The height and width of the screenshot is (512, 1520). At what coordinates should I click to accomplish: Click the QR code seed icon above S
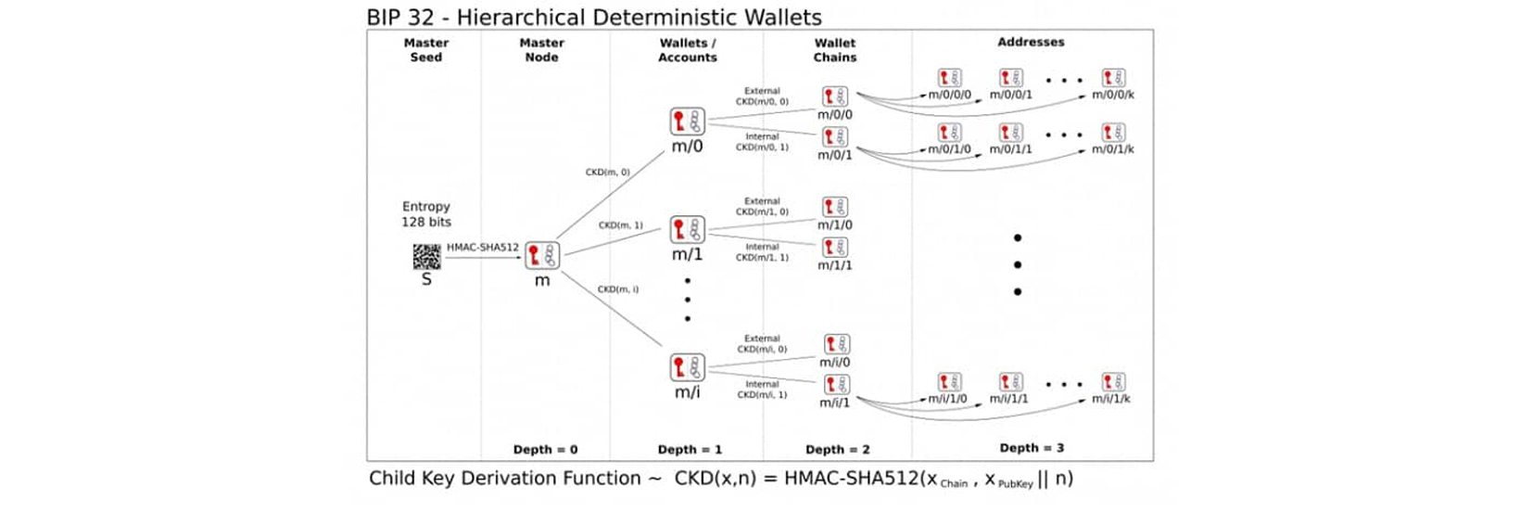tap(426, 256)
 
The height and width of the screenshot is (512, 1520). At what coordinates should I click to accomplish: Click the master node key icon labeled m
tap(542, 255)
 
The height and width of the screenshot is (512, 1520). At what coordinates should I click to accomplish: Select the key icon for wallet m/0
tap(687, 122)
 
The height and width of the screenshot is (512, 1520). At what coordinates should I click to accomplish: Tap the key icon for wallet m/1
tap(687, 229)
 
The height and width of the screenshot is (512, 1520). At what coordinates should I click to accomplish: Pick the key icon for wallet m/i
tap(687, 367)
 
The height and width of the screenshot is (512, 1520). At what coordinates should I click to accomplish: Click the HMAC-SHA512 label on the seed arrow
tap(483, 248)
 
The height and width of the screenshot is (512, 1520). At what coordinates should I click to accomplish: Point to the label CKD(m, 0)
tap(608, 173)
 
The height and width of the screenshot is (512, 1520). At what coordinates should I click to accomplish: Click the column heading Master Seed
tap(426, 50)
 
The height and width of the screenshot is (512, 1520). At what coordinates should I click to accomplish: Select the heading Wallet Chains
tap(835, 50)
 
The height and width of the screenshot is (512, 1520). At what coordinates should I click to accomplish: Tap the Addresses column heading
tap(1031, 43)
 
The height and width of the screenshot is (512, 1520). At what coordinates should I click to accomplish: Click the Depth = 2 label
tap(838, 450)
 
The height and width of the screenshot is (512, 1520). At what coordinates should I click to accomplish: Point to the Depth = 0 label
tap(545, 450)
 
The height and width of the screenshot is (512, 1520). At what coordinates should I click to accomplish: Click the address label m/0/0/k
tap(1112, 95)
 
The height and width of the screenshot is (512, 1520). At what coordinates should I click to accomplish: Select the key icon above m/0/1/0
tap(949, 133)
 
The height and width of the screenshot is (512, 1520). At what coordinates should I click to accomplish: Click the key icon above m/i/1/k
tap(1113, 382)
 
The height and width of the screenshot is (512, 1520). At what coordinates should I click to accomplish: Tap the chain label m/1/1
tap(835, 265)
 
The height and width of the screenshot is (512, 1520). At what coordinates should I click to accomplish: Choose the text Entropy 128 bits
tap(426, 214)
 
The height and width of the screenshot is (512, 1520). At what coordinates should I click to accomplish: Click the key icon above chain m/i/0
tap(836, 345)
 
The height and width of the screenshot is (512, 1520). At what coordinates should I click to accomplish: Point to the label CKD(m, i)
tap(618, 289)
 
